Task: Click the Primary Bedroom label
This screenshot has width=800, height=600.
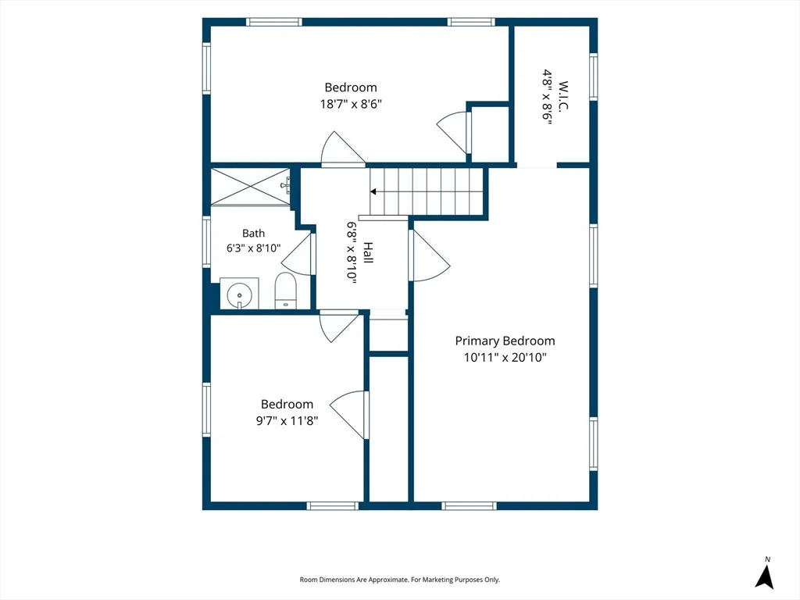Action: (505, 341)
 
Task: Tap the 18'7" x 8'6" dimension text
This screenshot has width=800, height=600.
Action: (351, 104)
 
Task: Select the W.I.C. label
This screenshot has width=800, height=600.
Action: (563, 95)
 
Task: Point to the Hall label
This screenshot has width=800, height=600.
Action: (368, 252)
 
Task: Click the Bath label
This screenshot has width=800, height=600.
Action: (254, 233)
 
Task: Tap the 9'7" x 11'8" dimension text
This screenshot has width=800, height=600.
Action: (287, 421)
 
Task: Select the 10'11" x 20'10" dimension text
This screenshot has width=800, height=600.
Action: (505, 357)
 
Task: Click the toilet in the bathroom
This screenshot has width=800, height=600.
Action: (286, 291)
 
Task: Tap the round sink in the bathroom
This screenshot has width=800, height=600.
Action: (239, 295)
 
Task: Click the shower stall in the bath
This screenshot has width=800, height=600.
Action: (251, 187)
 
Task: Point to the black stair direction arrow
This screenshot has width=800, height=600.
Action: (373, 192)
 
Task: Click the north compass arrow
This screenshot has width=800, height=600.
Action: (764, 577)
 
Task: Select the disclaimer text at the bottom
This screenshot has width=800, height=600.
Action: (399, 580)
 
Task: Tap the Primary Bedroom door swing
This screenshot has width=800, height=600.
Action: (430, 255)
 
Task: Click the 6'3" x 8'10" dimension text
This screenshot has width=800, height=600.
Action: (254, 248)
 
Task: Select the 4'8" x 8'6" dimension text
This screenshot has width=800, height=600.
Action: (548, 97)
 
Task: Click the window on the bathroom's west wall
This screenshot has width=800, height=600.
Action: (206, 242)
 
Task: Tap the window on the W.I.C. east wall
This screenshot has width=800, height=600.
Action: (594, 77)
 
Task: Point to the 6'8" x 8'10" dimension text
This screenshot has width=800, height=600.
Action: (352, 252)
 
